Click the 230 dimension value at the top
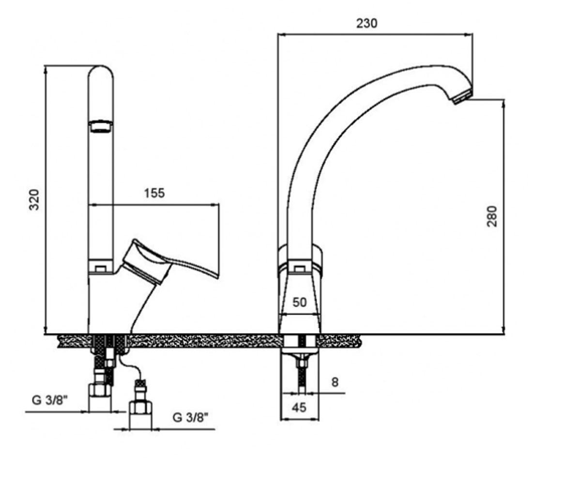tap(367, 23)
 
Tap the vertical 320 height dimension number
tap(34, 200)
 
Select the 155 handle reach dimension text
tap(154, 193)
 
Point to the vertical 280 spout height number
tap(492, 216)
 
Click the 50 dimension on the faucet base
tap(299, 302)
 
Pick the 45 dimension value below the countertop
tap(299, 408)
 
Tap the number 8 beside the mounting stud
tap(335, 382)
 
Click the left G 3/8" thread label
tap(50, 401)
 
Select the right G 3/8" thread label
tap(190, 418)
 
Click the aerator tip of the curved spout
tap(463, 98)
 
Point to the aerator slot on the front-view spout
tap(100, 126)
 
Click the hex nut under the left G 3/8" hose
tap(100, 390)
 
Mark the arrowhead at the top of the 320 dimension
tap(46, 70)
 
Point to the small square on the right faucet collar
tap(299, 269)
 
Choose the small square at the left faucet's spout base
tap(100, 269)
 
